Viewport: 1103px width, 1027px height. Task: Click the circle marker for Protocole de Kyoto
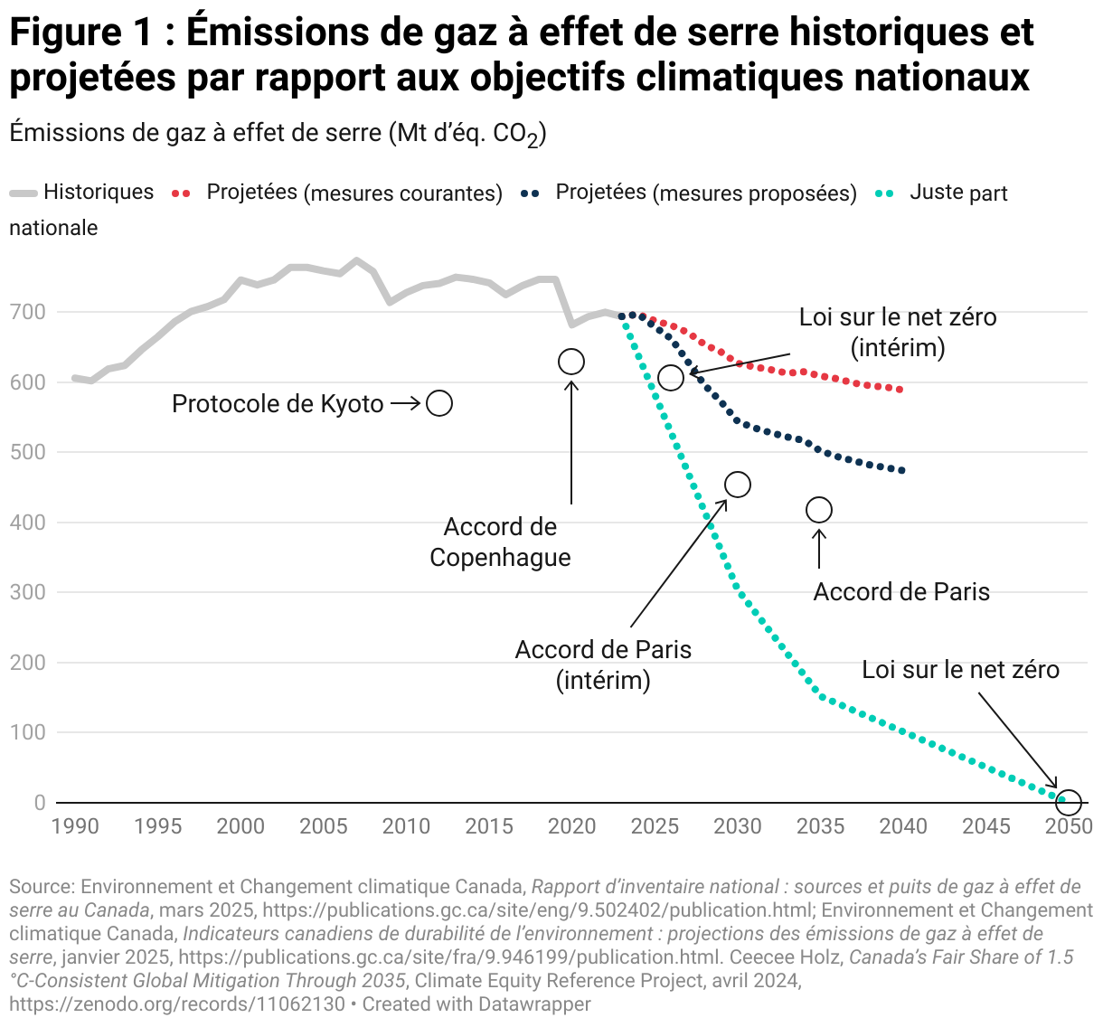439,403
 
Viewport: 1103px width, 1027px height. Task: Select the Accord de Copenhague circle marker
571,362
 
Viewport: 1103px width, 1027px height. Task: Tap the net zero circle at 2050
1069,802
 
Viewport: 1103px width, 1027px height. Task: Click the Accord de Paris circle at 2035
819,510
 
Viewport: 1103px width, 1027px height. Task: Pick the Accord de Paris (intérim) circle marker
738,485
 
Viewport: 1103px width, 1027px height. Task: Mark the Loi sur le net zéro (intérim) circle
671,378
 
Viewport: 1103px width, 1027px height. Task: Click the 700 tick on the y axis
27,313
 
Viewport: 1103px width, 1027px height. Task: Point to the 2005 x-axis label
324,826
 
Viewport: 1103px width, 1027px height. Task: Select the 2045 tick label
986,826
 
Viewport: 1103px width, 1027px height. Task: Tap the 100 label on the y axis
27,733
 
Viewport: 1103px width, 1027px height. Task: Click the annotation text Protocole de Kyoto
278,404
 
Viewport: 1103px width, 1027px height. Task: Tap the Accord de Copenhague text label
500,542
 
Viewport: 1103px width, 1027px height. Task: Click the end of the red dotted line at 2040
900,390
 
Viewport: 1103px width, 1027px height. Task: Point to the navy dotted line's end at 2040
901,470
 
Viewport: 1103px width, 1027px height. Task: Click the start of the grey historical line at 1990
75,378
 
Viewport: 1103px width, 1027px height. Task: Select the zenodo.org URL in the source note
177,1004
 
